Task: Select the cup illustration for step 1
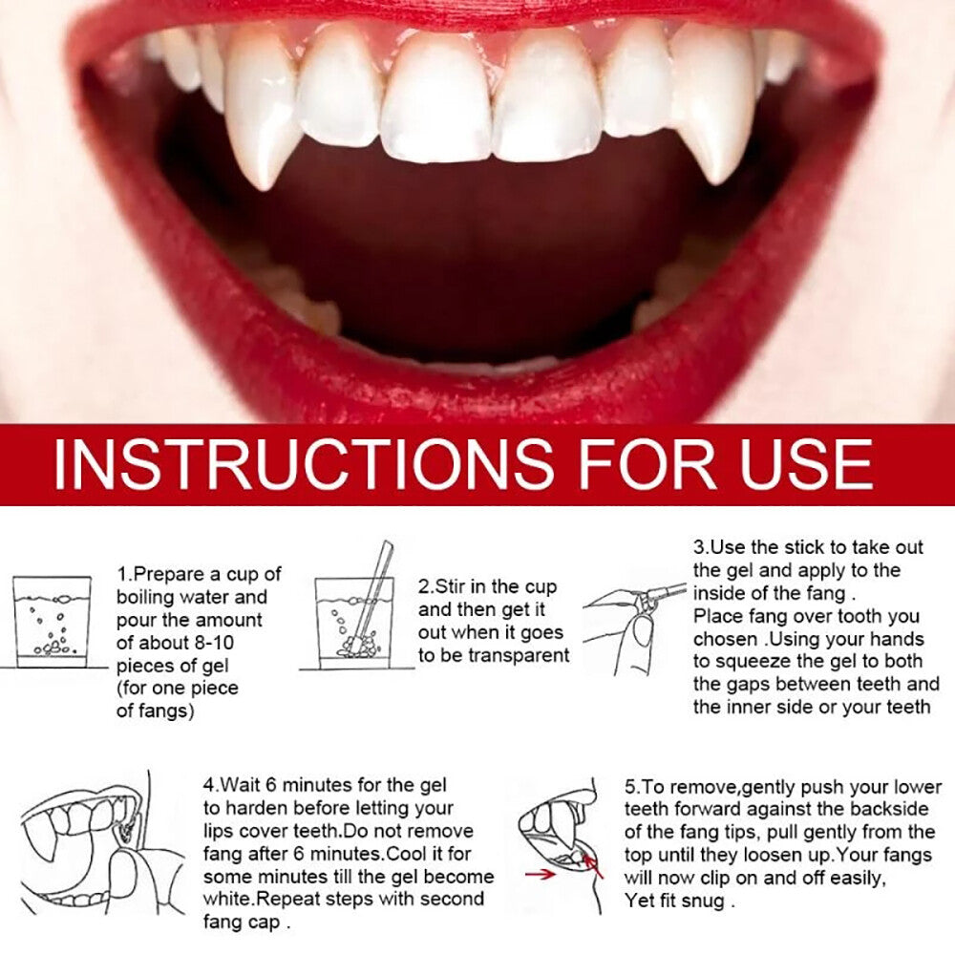(x=53, y=621)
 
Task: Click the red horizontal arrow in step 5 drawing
(x=541, y=873)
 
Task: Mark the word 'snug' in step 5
(x=706, y=900)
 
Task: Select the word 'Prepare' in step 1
(x=172, y=574)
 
